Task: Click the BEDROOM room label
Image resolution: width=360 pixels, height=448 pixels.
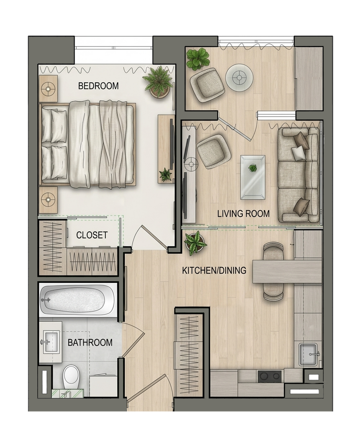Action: pyautogui.click(x=98, y=86)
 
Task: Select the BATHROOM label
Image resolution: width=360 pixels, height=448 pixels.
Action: pyautogui.click(x=90, y=342)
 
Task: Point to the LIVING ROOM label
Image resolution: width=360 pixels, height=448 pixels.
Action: pyautogui.click(x=243, y=213)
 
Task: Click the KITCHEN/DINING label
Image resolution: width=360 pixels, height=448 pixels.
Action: pyautogui.click(x=214, y=270)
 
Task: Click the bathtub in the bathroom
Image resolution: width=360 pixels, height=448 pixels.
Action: pyautogui.click(x=77, y=300)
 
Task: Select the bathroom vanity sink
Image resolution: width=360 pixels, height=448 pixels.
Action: pyautogui.click(x=51, y=342)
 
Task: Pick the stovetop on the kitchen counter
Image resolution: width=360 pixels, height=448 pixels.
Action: pyautogui.click(x=269, y=376)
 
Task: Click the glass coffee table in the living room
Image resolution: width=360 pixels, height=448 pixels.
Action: pyautogui.click(x=253, y=177)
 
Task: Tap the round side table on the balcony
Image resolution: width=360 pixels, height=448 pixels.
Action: pyautogui.click(x=239, y=77)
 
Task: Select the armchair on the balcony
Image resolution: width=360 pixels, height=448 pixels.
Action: pyautogui.click(x=207, y=85)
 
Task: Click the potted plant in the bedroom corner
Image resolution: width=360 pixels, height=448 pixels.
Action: pyautogui.click(x=158, y=82)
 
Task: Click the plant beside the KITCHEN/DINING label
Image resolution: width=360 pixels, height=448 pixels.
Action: pyautogui.click(x=195, y=242)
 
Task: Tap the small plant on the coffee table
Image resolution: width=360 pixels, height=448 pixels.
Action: pyautogui.click(x=252, y=168)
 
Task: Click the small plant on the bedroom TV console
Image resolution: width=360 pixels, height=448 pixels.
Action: pyautogui.click(x=165, y=174)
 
